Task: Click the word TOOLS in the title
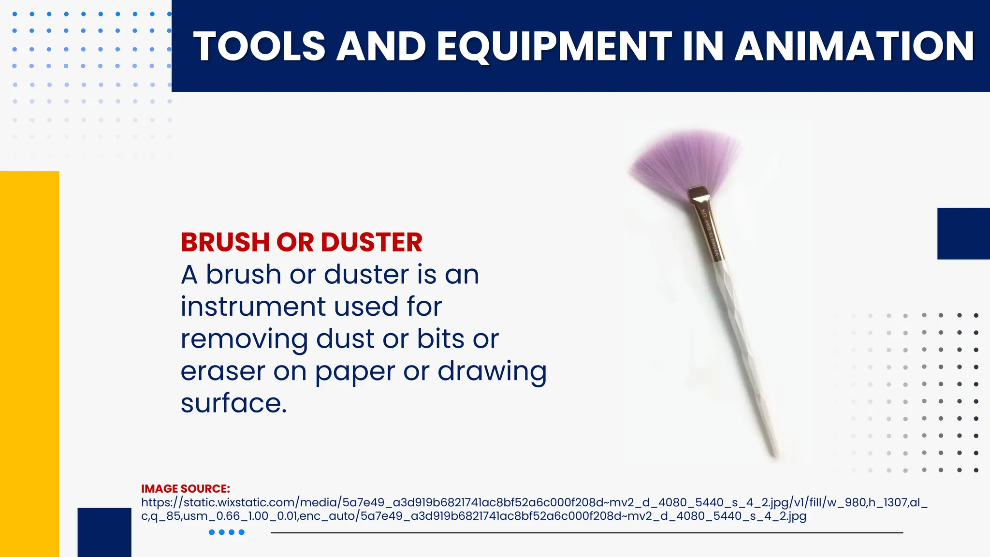point(259,46)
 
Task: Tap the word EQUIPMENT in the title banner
point(554,46)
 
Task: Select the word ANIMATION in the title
point(854,46)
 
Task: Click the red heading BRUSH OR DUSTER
point(302,242)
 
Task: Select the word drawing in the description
point(492,371)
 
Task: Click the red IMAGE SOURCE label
point(185,489)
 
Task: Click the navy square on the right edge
point(963,234)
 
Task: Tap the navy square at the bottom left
point(104,532)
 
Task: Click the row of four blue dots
point(227,532)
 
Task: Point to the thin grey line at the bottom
point(586,532)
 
